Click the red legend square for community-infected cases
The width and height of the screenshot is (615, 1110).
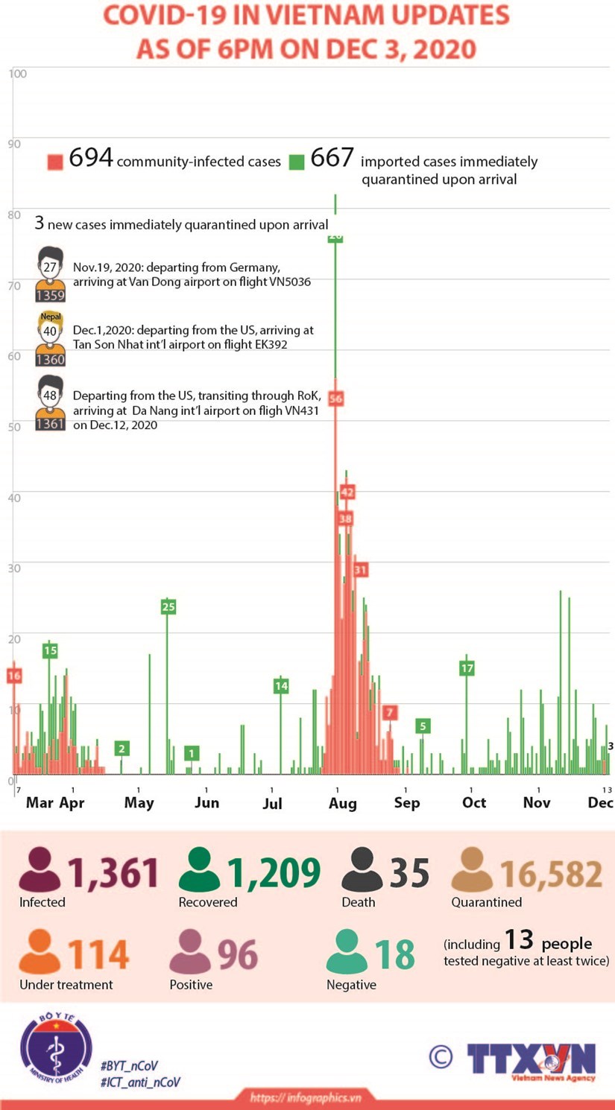click(55, 162)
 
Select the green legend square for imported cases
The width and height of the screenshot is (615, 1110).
click(297, 162)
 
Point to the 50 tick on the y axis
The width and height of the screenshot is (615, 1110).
click(14, 427)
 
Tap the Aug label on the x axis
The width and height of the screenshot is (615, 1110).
click(343, 803)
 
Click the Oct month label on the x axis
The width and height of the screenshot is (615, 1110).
click(474, 802)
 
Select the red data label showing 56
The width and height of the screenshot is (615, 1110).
click(335, 399)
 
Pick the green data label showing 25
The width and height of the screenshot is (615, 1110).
click(168, 606)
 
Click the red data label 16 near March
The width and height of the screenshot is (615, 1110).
click(13, 676)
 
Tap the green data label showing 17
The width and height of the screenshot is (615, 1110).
click(467, 668)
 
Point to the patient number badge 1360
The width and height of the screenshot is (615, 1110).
click(50, 360)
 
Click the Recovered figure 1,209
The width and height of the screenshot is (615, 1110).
click(274, 873)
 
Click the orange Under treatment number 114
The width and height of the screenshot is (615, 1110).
click(99, 955)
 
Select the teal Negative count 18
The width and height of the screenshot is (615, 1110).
click(394, 955)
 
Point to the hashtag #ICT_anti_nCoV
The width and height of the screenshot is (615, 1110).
click(140, 1082)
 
